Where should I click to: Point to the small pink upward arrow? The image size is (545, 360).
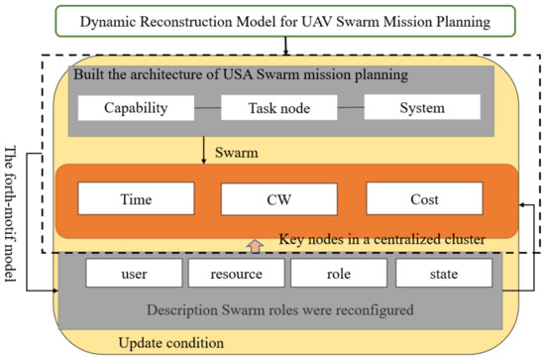255,243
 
